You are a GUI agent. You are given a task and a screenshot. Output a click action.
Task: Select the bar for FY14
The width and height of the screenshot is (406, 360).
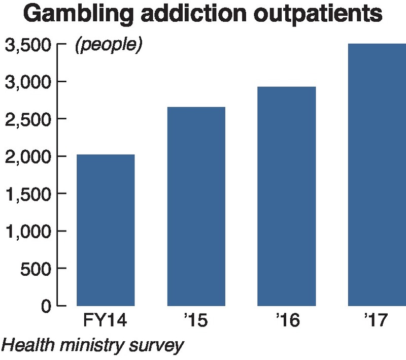coord(106,230)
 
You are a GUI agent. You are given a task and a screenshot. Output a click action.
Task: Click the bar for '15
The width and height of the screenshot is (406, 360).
coord(196,207)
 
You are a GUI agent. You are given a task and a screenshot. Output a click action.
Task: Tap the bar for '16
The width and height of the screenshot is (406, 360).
coord(287,197)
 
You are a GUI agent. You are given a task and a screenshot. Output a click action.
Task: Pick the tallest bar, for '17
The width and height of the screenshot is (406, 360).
coord(377,175)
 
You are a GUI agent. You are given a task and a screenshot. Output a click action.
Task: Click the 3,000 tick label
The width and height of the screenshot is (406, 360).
coord(28,82)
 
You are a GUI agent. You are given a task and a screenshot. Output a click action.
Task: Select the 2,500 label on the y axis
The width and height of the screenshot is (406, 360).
coord(28,119)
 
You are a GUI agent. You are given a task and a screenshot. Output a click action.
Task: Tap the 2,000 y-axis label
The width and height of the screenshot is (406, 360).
coord(28,156)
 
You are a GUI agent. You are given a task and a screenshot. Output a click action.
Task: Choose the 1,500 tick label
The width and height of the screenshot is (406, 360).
coord(28,194)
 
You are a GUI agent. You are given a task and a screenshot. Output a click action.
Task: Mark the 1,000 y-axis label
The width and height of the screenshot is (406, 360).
coord(28,231)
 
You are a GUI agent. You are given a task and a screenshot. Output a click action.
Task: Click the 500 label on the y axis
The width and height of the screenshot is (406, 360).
coord(36,269)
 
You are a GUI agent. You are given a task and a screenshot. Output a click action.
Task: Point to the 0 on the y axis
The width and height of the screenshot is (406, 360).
coord(46,306)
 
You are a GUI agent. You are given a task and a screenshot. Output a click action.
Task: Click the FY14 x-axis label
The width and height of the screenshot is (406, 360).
coord(106,322)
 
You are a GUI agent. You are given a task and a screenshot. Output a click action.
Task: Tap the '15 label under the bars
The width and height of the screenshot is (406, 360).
coord(196,322)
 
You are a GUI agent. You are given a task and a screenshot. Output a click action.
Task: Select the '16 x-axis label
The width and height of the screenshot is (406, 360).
coord(287,322)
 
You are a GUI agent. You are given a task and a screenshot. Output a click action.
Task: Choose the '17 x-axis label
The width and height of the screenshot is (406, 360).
coord(377,322)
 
